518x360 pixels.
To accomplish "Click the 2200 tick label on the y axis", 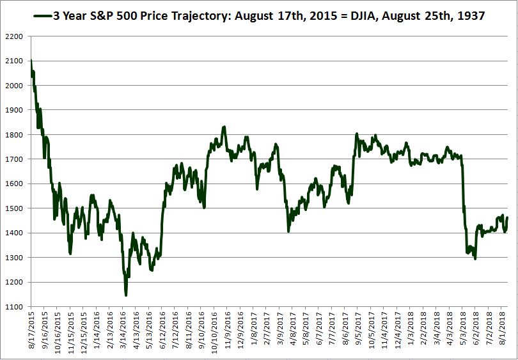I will [x=14, y=36].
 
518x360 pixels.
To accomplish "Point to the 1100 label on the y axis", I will [x=14, y=307].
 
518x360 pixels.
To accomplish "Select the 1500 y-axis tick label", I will [x=14, y=208].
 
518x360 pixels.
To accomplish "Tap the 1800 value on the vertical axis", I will [x=14, y=135].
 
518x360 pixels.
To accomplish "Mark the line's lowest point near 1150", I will [x=126, y=295].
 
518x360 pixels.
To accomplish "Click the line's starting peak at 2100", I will [x=31, y=61].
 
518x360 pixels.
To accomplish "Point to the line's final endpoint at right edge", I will [x=507, y=218].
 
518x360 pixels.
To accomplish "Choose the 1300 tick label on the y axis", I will [x=14, y=258].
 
